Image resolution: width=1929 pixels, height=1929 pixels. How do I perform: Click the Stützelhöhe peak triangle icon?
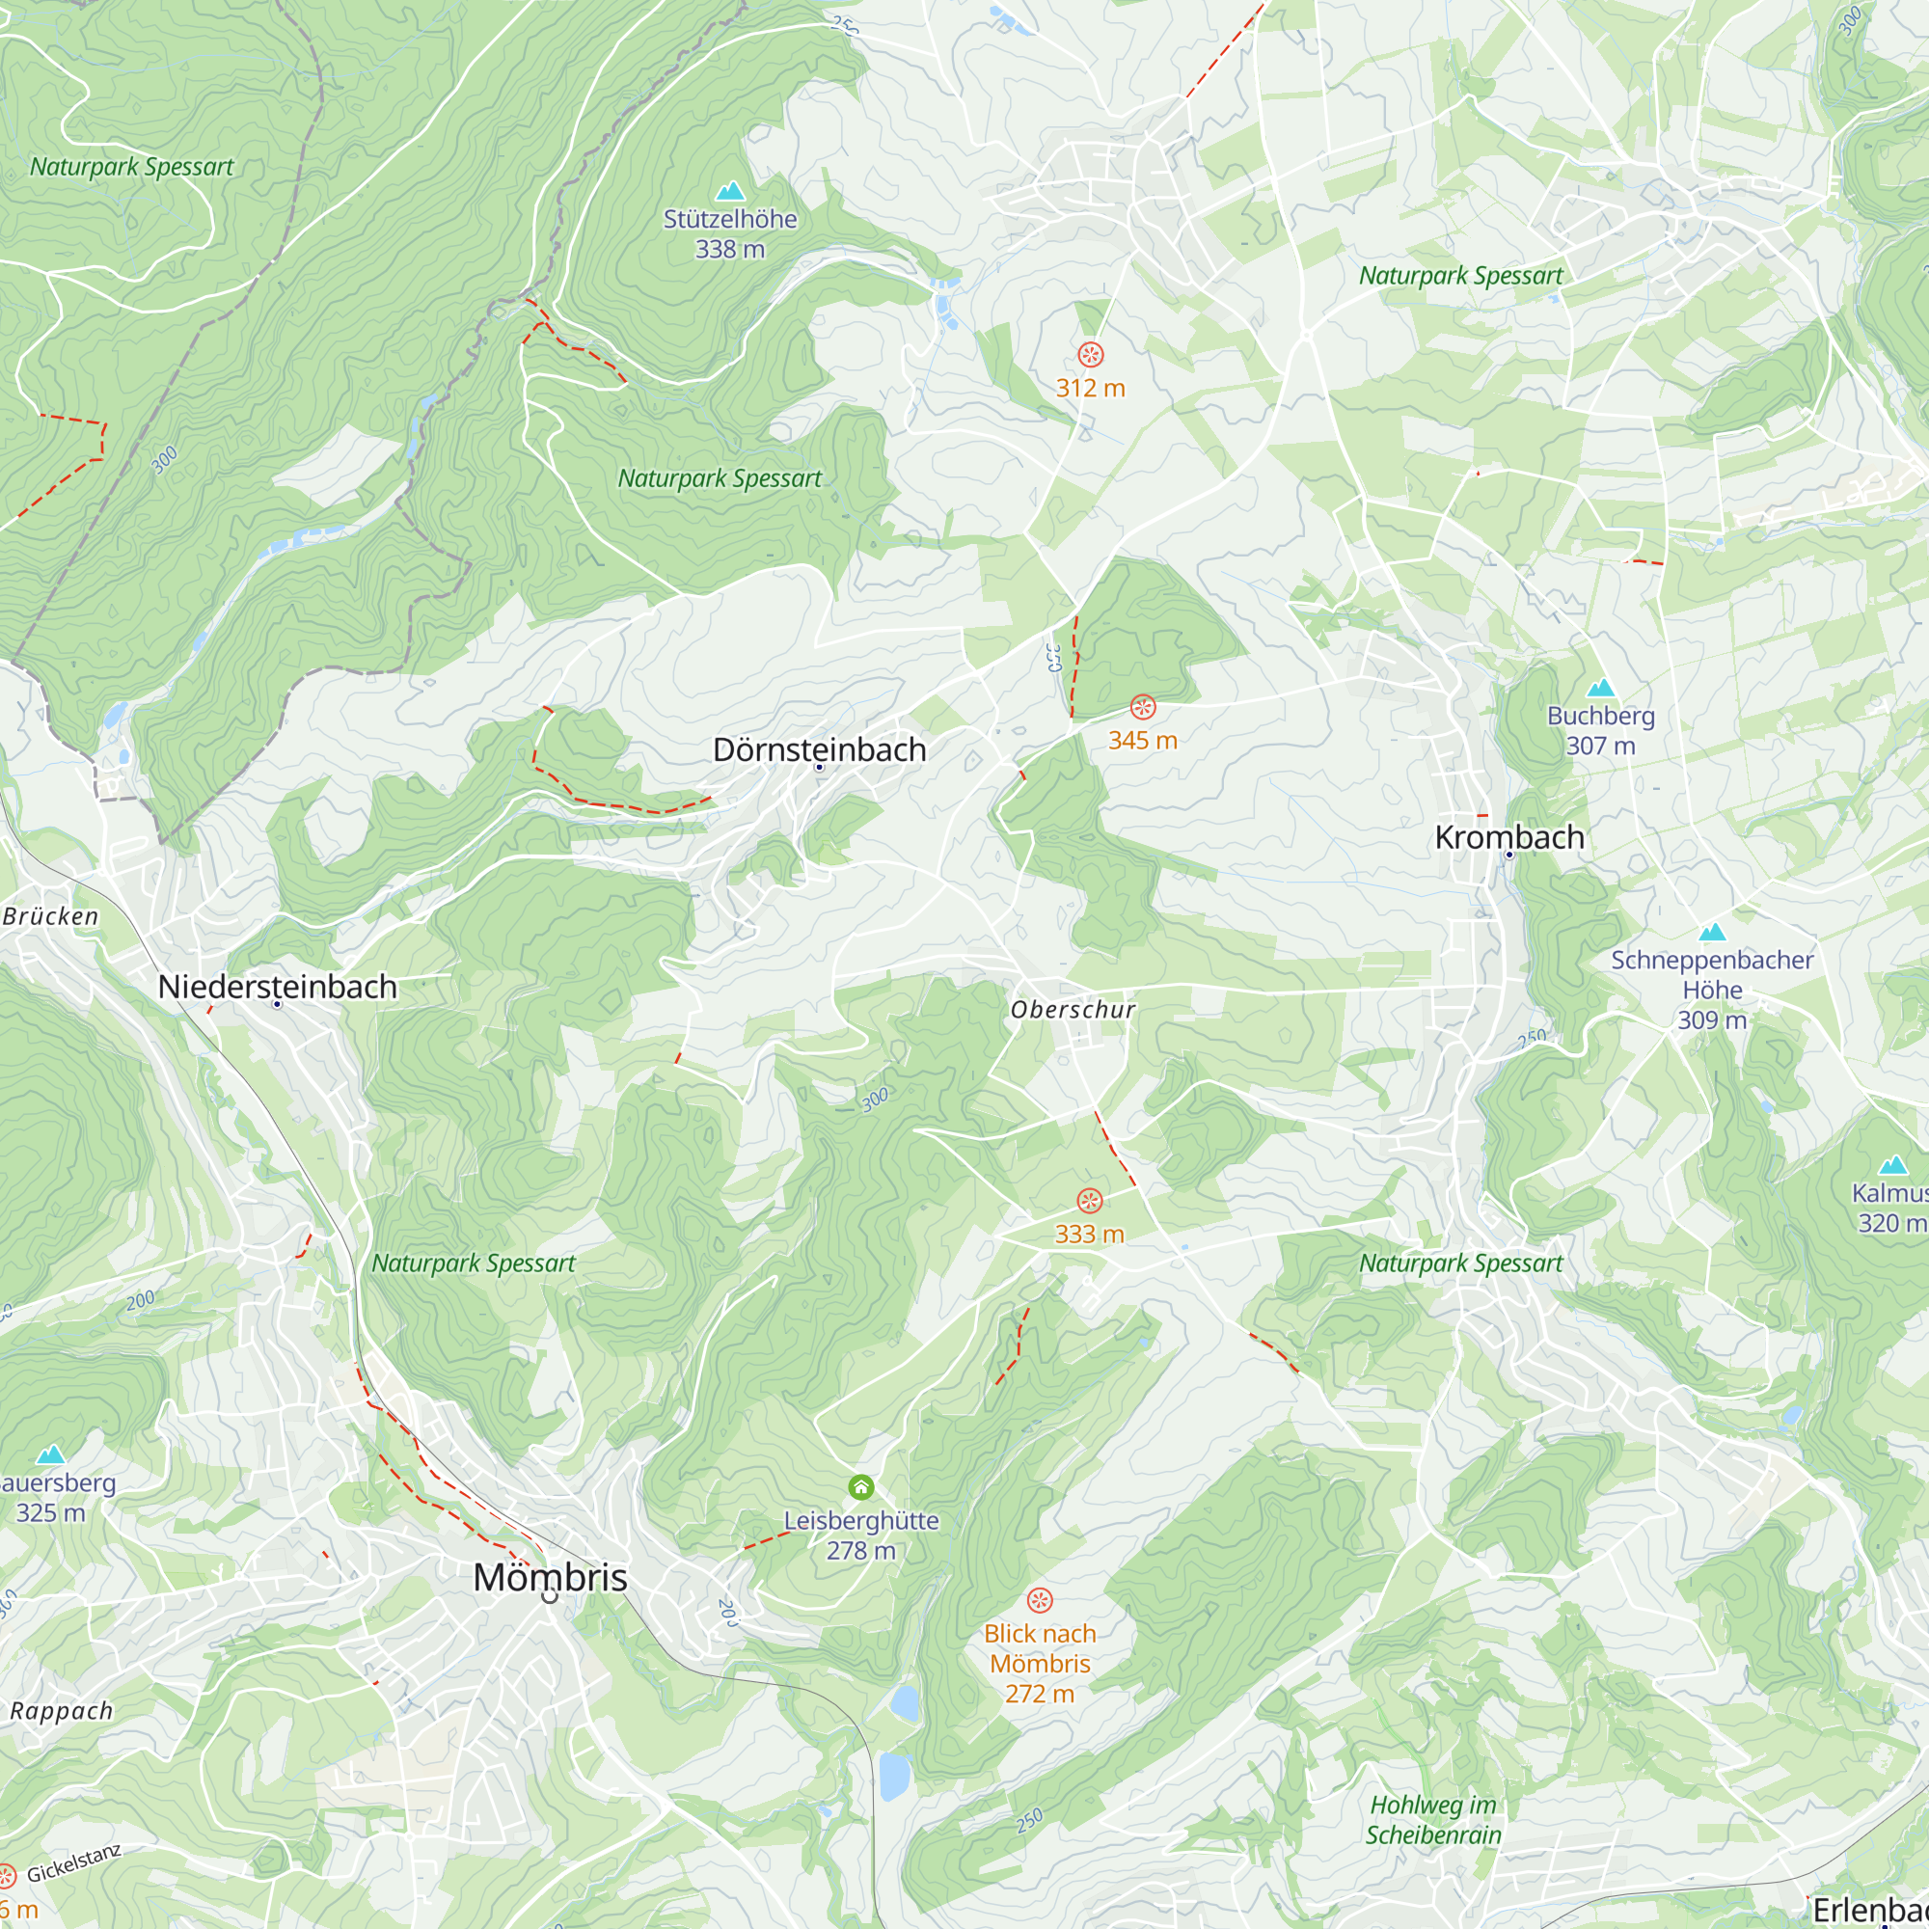730,191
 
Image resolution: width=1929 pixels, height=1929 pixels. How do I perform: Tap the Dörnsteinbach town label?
819,749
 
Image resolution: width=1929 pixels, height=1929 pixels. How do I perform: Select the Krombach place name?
1508,838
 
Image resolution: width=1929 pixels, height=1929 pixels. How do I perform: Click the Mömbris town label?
550,1578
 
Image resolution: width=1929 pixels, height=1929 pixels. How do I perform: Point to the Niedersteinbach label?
278,987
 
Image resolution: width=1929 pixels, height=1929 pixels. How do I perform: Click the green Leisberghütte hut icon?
860,1487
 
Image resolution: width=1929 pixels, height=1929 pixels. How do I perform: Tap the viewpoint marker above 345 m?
1142,708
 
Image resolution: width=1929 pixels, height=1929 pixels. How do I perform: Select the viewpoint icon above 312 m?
1090,354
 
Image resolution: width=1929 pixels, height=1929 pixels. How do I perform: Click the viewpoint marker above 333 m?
1089,1201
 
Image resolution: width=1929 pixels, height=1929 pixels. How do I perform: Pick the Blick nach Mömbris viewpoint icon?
1040,1601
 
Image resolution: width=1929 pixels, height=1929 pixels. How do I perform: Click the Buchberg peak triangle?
1600,688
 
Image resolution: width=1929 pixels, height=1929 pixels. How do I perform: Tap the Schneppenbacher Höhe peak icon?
1712,933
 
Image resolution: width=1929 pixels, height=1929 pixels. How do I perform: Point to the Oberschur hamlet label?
1073,1011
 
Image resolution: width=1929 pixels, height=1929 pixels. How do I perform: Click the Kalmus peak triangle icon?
1893,1165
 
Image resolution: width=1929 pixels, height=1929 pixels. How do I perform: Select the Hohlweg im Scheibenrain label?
1433,1820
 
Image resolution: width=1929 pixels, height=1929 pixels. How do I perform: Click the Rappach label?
61,1711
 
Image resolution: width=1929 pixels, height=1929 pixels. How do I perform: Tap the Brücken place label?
50,916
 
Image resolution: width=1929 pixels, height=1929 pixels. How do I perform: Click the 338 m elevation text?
730,250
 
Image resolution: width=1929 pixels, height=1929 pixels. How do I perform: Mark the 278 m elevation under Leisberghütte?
860,1551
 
